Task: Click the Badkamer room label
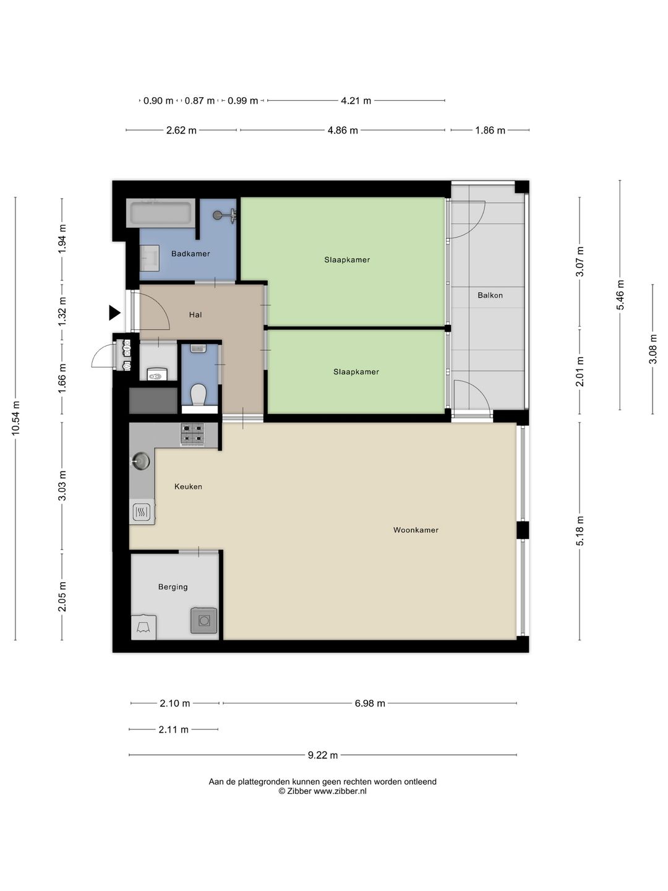(191, 254)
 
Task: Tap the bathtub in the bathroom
(161, 213)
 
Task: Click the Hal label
(195, 314)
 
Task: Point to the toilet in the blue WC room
(199, 394)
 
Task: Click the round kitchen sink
(141, 461)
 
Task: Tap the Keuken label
(188, 486)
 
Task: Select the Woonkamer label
(416, 530)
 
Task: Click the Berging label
(173, 587)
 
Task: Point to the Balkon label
(490, 295)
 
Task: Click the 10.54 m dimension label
(15, 418)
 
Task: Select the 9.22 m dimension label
(323, 755)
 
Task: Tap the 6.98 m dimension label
(370, 704)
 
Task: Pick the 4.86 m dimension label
(343, 131)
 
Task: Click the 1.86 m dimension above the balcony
(490, 131)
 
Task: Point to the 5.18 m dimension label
(580, 530)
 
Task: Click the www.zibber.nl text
(340, 791)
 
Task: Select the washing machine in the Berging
(203, 620)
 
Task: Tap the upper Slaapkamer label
(347, 260)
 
